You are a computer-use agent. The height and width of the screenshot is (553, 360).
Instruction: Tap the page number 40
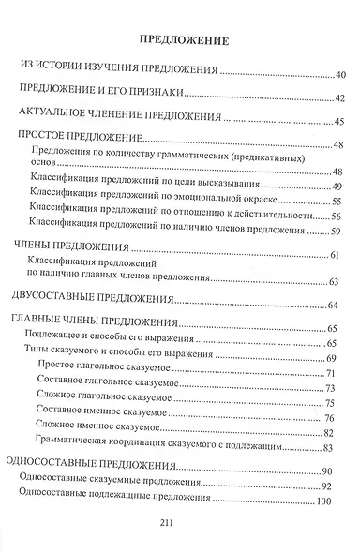tap(339, 73)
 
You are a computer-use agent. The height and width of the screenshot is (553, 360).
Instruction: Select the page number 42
tap(339, 97)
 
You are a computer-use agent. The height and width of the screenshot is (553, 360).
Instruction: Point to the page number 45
tap(339, 122)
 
